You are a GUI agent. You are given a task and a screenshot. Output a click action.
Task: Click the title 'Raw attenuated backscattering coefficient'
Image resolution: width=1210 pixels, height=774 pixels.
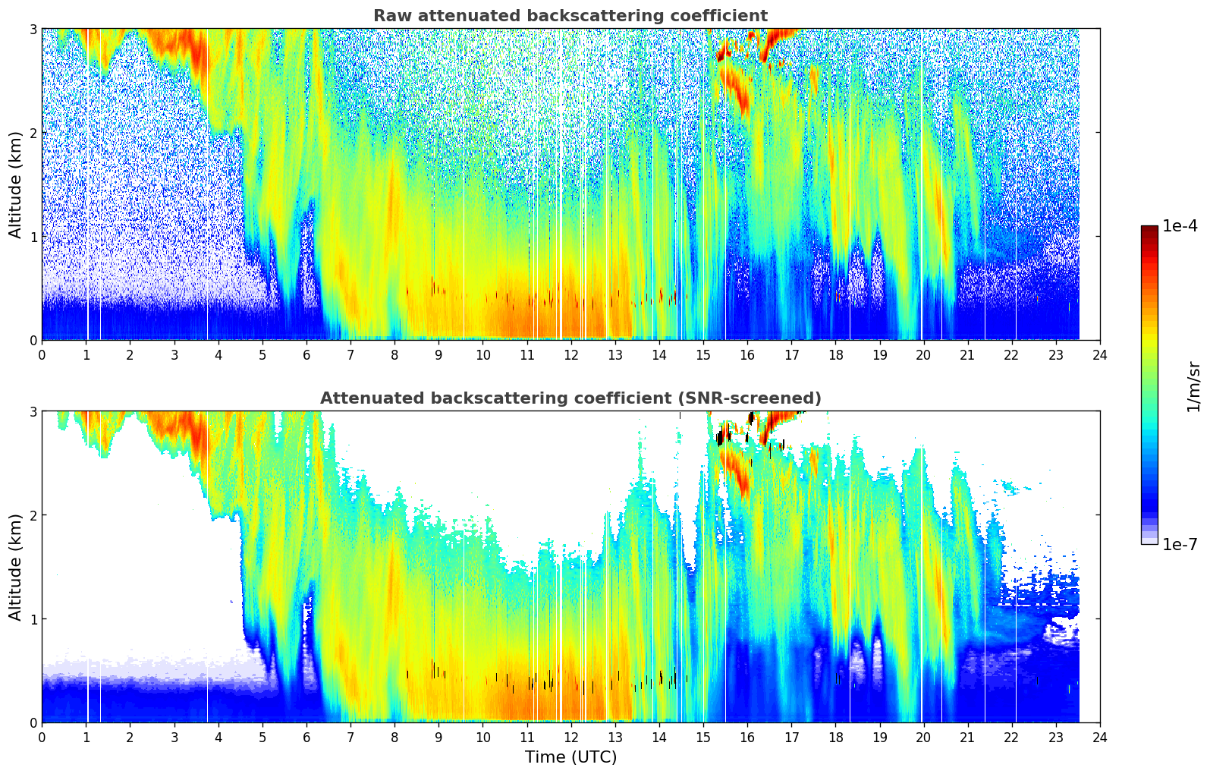(x=570, y=16)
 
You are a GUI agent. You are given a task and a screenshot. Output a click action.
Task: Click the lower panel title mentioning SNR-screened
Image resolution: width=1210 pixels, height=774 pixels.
(x=570, y=398)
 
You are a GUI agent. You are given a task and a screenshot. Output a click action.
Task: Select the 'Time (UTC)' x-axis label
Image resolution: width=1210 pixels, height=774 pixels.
(x=570, y=757)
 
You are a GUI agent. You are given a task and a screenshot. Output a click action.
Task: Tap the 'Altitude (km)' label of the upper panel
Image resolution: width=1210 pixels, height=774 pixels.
(x=16, y=184)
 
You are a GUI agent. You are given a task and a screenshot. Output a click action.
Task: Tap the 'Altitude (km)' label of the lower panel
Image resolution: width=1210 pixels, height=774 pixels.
(x=16, y=567)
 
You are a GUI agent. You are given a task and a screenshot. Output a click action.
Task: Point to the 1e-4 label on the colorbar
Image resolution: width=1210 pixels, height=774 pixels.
(x=1180, y=226)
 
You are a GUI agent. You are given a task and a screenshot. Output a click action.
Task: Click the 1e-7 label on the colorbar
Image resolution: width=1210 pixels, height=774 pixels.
(x=1180, y=545)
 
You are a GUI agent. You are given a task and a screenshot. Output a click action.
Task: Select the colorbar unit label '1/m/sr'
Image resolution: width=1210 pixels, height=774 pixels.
(x=1193, y=386)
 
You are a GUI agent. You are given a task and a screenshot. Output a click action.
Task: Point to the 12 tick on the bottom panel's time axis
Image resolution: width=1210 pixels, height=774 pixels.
(x=570, y=738)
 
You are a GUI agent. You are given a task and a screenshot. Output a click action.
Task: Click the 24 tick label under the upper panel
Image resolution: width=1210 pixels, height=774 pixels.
(x=1100, y=355)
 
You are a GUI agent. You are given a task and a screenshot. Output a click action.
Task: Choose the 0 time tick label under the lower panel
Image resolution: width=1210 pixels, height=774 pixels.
(x=42, y=738)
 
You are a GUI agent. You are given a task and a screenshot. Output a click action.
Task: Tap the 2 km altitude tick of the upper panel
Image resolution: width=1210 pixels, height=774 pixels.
(x=33, y=133)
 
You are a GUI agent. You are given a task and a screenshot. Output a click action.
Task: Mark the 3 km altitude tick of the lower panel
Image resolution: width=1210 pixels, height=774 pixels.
(x=33, y=411)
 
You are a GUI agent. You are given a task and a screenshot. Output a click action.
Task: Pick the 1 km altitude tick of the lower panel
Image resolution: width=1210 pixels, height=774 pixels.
(x=33, y=619)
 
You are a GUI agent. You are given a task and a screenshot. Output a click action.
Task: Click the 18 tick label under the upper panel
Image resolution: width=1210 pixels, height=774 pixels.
(x=835, y=355)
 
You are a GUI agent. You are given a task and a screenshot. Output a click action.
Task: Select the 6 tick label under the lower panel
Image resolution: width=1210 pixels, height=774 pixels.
(x=306, y=738)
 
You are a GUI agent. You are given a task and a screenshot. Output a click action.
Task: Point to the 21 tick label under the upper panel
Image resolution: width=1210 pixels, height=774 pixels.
(x=967, y=355)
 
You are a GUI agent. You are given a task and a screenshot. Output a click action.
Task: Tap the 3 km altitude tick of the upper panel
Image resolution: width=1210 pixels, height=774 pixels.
(x=33, y=29)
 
